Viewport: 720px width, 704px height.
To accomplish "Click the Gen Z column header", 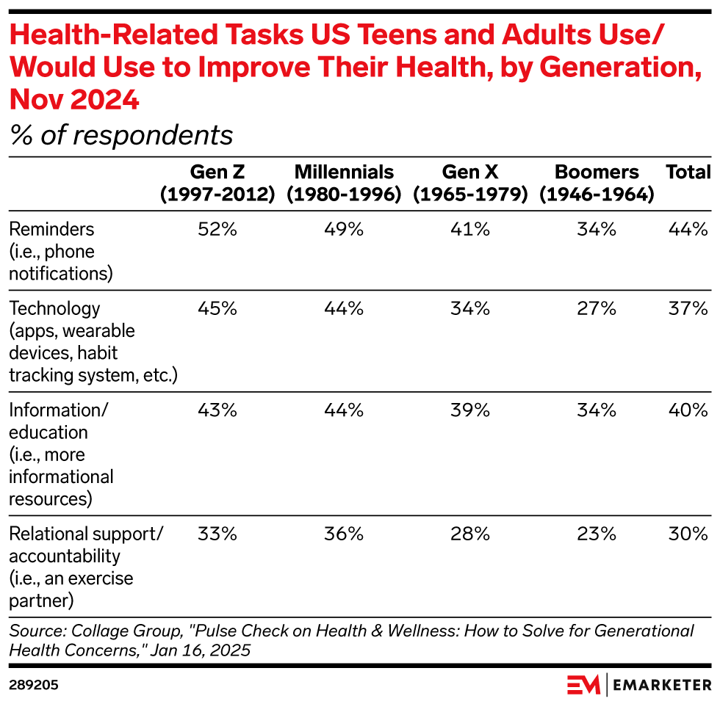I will click(x=217, y=183).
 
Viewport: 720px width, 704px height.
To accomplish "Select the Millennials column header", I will click(x=344, y=183).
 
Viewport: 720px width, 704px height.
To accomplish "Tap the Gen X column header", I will click(x=470, y=183).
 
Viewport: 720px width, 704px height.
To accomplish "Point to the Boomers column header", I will click(x=597, y=183).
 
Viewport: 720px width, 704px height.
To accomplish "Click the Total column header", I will click(x=688, y=173).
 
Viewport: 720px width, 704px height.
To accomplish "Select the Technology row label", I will click(x=93, y=341).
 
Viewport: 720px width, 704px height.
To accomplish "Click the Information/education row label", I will click(x=61, y=454).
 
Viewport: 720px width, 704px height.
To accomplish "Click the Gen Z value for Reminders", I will click(x=217, y=230).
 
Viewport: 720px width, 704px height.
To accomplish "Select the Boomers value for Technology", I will click(x=597, y=309).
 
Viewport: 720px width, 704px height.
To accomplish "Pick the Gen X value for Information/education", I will click(x=470, y=410).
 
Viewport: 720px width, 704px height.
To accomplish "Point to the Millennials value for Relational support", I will click(x=344, y=534).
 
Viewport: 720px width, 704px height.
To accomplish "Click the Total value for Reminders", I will click(x=688, y=230).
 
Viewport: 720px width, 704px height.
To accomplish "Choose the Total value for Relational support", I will click(x=688, y=534).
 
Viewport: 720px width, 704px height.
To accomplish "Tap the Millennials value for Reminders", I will click(x=344, y=230).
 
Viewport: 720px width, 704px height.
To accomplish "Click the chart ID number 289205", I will click(x=34, y=685).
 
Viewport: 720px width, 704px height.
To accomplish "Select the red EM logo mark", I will click(x=584, y=685).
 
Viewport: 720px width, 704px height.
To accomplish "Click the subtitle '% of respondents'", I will click(x=121, y=135).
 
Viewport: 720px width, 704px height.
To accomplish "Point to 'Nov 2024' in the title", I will click(x=74, y=99).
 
